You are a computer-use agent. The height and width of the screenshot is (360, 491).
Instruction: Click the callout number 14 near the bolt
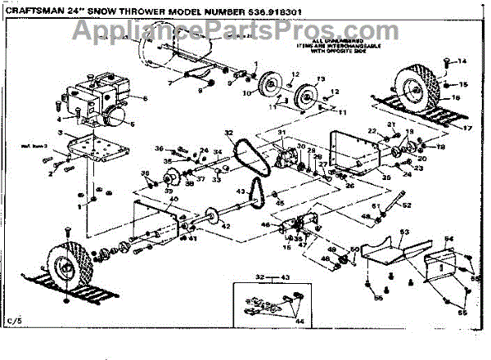[461, 61]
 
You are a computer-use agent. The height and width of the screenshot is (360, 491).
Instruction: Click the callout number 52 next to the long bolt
[407, 205]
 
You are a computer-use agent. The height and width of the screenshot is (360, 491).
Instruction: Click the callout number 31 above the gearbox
[280, 133]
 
